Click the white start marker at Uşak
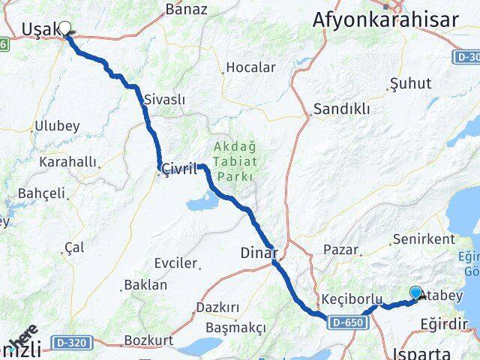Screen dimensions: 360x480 [x=64, y=28]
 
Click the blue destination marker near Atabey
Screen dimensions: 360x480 [x=415, y=293]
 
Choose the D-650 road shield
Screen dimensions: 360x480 [x=345, y=321]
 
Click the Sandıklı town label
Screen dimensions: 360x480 [x=342, y=109]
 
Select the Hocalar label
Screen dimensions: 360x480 [x=250, y=67]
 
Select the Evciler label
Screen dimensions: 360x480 [x=174, y=263]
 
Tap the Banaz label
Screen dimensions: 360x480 [x=186, y=9]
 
